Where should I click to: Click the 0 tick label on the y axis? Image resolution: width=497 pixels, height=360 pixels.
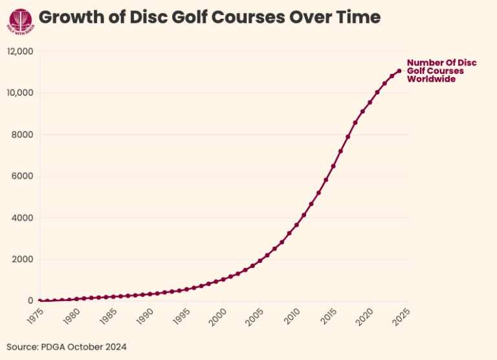tap(30, 300)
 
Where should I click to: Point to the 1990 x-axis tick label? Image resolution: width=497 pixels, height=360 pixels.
tap(146, 315)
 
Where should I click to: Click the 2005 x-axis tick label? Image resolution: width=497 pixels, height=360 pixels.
tap(256, 315)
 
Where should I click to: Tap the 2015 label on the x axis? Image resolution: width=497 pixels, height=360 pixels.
tap(329, 315)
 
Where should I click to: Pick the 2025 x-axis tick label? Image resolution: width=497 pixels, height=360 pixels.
tap(403, 315)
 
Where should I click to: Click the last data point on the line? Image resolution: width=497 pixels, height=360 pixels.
tap(399, 71)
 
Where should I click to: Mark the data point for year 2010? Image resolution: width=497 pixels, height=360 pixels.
tap(296, 225)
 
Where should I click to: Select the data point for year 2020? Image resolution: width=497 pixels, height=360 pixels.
tap(370, 102)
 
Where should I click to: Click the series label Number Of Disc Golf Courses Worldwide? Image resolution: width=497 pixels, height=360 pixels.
tap(441, 71)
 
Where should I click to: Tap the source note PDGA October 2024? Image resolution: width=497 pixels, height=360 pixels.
tap(67, 347)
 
